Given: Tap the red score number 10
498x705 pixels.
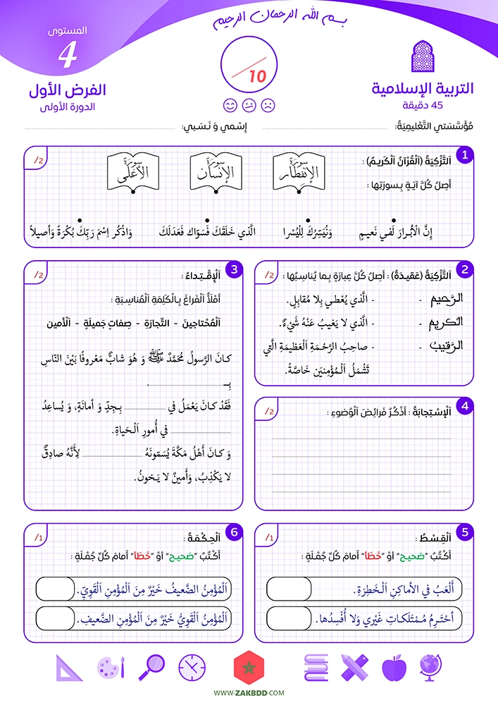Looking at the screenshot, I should (258, 75).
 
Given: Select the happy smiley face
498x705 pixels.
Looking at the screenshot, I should (230, 106).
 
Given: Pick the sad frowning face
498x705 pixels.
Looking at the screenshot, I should (268, 106).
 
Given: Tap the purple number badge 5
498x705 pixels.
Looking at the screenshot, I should (465, 532).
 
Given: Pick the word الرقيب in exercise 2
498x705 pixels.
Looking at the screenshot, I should (447, 346).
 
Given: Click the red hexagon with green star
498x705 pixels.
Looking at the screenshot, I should (249, 666).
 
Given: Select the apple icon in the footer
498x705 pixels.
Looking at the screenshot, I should (393, 667).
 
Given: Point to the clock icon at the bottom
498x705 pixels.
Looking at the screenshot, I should (191, 666).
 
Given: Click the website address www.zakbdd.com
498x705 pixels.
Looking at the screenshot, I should (249, 694).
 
